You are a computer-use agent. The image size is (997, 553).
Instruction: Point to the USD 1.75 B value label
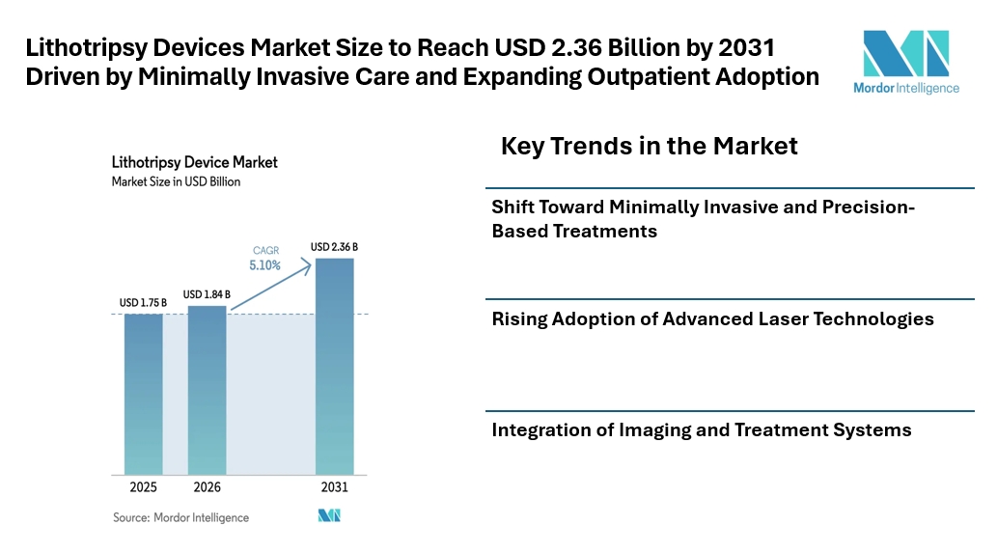[x=143, y=303]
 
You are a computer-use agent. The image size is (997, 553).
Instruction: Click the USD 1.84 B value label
[x=207, y=294]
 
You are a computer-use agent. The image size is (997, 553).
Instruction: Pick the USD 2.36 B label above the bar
[x=334, y=247]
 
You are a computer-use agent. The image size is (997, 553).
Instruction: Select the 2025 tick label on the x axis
[x=143, y=486]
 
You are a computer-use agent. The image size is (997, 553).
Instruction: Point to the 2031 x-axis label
[x=334, y=486]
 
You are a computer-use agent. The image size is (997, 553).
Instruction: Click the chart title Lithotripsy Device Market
[x=194, y=163]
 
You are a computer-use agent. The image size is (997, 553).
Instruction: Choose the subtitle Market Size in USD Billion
[x=176, y=181]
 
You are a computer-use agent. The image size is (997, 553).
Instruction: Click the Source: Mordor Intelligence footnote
[x=180, y=517]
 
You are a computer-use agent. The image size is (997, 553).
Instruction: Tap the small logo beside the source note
[x=329, y=516]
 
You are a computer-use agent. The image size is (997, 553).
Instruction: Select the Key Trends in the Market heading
[x=649, y=147]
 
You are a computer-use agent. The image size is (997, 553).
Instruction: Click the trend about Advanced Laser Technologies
[x=712, y=318]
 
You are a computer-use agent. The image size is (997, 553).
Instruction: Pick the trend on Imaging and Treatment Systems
[x=701, y=430]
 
